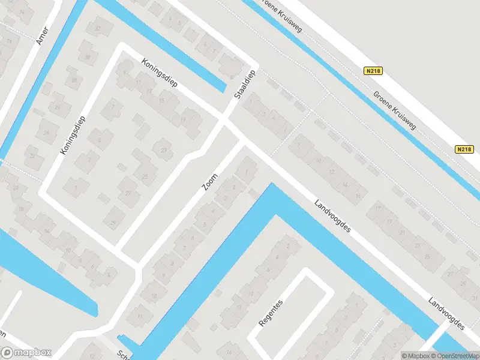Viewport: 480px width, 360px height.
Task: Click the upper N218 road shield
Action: pos(373,71)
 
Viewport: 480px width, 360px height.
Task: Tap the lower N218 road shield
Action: pos(464,149)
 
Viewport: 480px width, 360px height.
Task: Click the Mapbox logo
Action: pos(26,353)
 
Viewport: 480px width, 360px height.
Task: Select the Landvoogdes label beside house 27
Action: pos(447,312)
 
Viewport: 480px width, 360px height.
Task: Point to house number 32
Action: pos(98,28)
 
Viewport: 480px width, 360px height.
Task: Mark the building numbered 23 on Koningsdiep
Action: pos(163,149)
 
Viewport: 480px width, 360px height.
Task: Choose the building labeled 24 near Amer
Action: pos(47,133)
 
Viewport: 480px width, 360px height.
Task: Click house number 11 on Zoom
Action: pos(140,316)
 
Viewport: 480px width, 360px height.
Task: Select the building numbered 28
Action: pos(75,80)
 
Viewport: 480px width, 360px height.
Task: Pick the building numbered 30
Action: pos(88,58)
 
